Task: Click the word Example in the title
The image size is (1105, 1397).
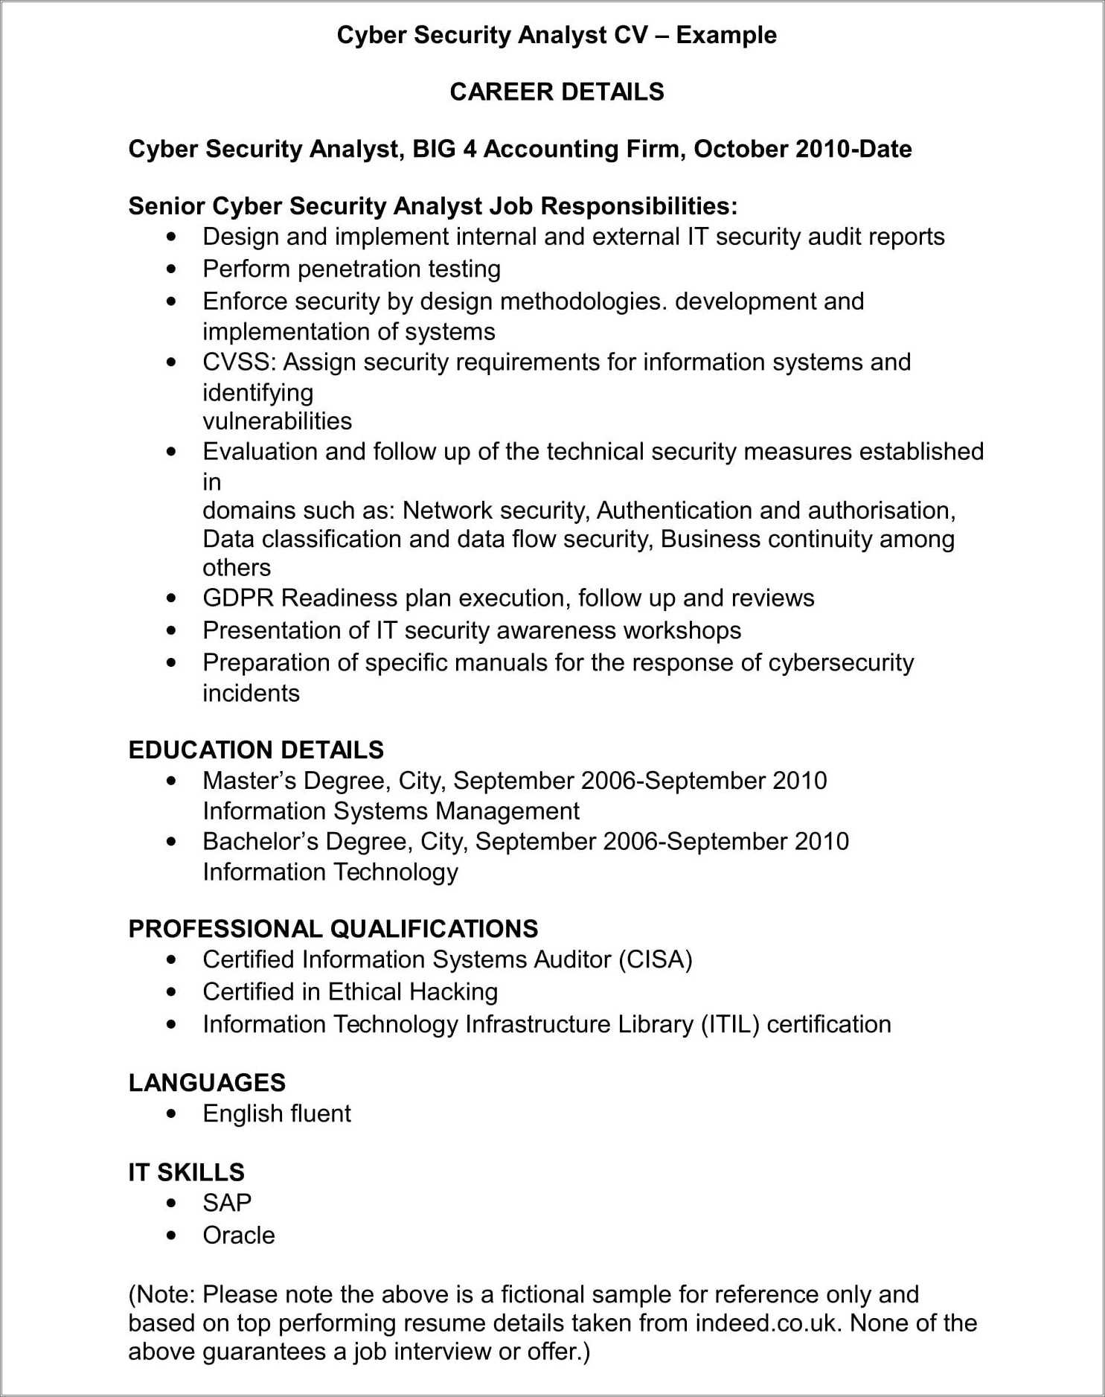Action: [x=726, y=35]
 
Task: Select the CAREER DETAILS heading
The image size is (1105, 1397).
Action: [x=557, y=92]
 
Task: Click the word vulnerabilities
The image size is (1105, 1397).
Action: [x=277, y=421]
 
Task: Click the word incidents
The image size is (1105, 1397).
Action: [x=251, y=693]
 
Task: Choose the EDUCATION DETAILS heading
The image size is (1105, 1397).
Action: [x=256, y=749]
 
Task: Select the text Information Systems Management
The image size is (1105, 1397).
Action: [x=391, y=811]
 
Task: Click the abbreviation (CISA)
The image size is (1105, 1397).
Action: [x=656, y=959]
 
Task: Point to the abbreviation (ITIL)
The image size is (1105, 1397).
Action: [x=729, y=1025]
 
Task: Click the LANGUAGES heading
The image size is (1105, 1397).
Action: [x=207, y=1082]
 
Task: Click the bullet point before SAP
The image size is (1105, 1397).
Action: [x=172, y=1203]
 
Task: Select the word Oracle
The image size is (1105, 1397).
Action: [x=239, y=1235]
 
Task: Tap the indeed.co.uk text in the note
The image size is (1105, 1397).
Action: [x=769, y=1323]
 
